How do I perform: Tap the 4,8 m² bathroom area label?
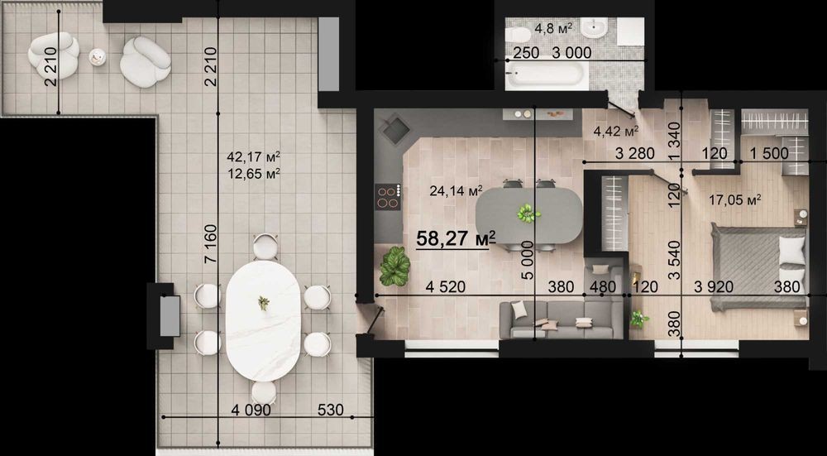point(554,28)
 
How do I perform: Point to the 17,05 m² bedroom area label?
point(735,199)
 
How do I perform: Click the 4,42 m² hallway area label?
point(616,131)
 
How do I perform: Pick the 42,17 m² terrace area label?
point(253,156)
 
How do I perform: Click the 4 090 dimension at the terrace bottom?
point(251,410)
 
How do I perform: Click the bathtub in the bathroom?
point(545,74)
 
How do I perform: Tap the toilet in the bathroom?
point(518,35)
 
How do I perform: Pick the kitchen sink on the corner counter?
point(395,130)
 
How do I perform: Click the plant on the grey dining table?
point(528,214)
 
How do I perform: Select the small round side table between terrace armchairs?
point(98,56)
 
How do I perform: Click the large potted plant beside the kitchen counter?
point(394,266)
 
